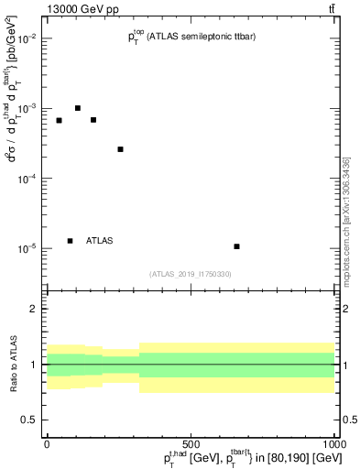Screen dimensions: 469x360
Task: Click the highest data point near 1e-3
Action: click(78, 108)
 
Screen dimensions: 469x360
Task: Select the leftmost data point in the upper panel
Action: click(59, 121)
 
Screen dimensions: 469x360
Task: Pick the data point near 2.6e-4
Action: click(120, 149)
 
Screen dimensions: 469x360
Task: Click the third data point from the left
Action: click(93, 120)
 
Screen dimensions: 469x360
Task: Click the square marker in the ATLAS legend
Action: click(70, 241)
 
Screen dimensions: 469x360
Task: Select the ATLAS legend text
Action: click(100, 241)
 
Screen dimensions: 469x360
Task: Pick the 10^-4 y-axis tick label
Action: click(25, 179)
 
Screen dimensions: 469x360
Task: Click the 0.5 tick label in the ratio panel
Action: click(27, 420)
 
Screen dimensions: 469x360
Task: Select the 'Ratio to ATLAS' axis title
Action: click(13, 365)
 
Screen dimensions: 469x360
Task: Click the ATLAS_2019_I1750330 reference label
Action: click(190, 274)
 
